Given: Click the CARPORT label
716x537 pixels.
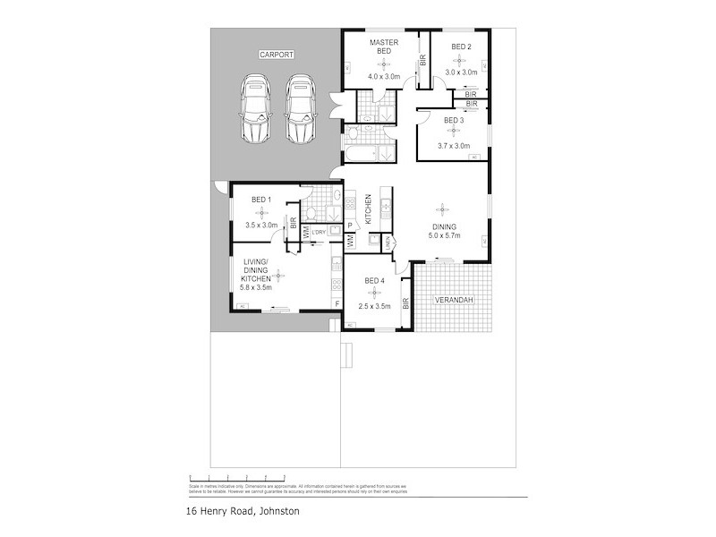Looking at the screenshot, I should tap(277, 55).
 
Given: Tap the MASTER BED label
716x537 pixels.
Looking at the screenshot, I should tap(384, 47).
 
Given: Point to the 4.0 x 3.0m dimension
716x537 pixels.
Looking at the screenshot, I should tap(384, 77).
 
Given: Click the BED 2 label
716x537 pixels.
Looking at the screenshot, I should tap(461, 46).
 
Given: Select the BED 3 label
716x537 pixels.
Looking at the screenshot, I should tap(454, 120).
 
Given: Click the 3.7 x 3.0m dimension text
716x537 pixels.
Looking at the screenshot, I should tap(454, 146).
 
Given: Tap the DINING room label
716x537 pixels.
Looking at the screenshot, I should tap(445, 226).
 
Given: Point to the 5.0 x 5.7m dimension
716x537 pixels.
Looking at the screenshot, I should tap(445, 236).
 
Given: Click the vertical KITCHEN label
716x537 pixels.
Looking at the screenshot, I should tap(368, 211).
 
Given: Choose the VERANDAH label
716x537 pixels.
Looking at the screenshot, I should tap(454, 300).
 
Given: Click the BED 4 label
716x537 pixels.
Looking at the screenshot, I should tap(375, 281).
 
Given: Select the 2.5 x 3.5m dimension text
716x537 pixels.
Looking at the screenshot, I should tap(375, 307).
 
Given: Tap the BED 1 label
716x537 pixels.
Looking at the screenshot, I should tap(261, 199).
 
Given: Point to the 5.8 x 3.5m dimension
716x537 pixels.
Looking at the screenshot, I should tap(258, 287).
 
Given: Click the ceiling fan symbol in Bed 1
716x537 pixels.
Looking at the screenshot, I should tap(261, 212).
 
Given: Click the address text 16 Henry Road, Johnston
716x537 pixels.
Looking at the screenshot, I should tap(236, 511).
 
